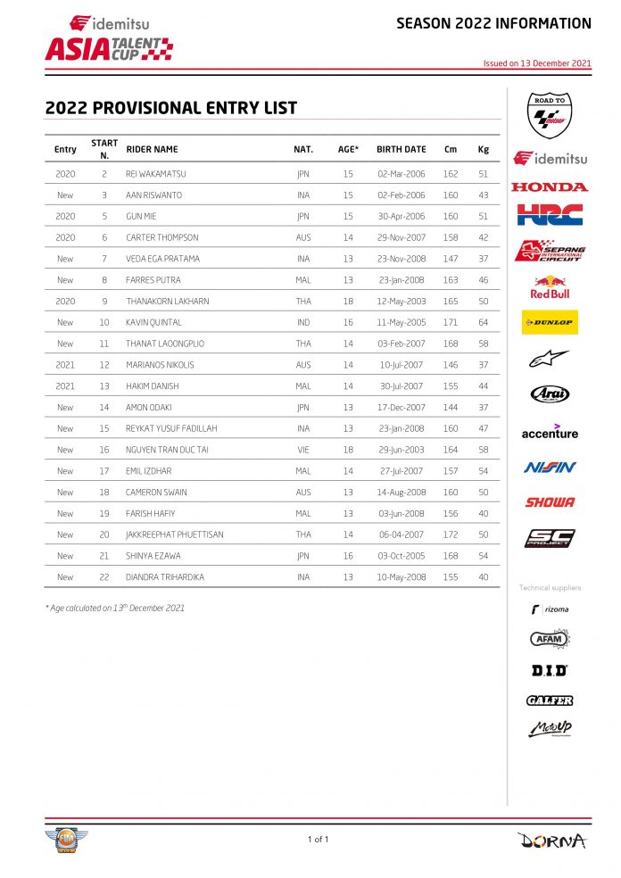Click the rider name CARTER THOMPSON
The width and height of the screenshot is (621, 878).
(x=162, y=237)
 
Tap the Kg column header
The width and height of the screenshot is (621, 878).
(x=483, y=150)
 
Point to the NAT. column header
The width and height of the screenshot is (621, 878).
(x=303, y=150)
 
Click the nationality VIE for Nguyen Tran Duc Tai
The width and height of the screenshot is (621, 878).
(x=303, y=450)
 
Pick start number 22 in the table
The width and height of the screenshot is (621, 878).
(x=104, y=577)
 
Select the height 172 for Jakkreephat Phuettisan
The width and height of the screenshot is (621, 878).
(x=451, y=534)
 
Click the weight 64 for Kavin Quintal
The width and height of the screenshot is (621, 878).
(x=483, y=322)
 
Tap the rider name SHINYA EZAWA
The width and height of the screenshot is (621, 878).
(x=155, y=556)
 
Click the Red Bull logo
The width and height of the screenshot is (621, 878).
(x=550, y=286)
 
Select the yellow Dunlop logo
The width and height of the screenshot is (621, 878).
(x=550, y=322)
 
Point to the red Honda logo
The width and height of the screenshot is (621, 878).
(x=550, y=186)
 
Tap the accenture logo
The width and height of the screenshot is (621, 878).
(x=550, y=432)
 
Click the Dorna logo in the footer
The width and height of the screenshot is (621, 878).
(x=551, y=840)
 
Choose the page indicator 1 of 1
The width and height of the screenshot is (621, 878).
(x=319, y=839)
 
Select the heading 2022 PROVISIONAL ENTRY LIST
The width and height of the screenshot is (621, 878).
(x=170, y=108)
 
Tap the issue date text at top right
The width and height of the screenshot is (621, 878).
(x=537, y=63)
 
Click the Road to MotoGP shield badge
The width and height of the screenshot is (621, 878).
(x=551, y=115)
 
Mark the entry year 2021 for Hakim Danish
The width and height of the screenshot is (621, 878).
(x=65, y=385)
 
